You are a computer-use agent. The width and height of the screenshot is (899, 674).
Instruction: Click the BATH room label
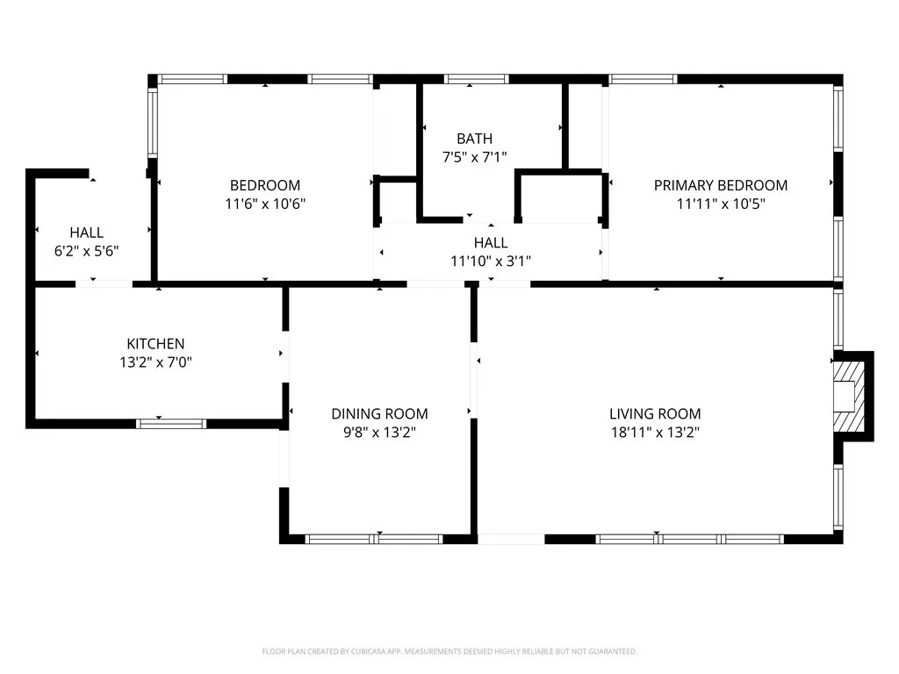pyautogui.click(x=474, y=139)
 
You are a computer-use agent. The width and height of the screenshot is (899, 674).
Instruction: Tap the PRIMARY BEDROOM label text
pyautogui.click(x=720, y=185)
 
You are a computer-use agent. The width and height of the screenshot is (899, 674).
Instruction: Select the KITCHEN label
pyautogui.click(x=155, y=344)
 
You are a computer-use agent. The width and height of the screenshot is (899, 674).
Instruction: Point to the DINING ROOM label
pyautogui.click(x=379, y=413)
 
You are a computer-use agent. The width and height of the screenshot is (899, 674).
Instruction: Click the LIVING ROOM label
pyautogui.click(x=655, y=413)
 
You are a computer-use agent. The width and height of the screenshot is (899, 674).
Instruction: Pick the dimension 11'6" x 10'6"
pyautogui.click(x=264, y=204)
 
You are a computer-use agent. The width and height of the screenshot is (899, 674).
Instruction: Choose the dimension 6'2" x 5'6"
pyautogui.click(x=86, y=250)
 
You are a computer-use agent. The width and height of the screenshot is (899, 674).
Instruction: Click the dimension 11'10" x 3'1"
pyautogui.click(x=490, y=261)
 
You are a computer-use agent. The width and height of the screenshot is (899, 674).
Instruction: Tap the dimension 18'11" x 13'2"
pyautogui.click(x=655, y=432)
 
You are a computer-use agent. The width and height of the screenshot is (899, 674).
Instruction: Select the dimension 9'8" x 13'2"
pyautogui.click(x=379, y=432)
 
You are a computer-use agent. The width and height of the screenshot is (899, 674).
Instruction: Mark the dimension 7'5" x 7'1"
pyautogui.click(x=474, y=157)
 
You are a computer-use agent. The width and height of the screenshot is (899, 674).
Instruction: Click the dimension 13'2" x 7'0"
pyautogui.click(x=155, y=362)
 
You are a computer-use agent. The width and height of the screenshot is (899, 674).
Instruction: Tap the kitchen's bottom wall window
pyautogui.click(x=171, y=424)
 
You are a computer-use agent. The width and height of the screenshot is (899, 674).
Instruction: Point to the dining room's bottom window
pyautogui.click(x=374, y=539)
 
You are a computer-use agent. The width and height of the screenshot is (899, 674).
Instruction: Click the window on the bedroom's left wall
pyautogui.click(x=151, y=122)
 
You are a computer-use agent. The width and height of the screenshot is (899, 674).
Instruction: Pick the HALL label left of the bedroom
pyautogui.click(x=86, y=233)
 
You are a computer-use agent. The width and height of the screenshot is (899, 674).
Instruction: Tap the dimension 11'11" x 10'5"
pyautogui.click(x=720, y=204)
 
